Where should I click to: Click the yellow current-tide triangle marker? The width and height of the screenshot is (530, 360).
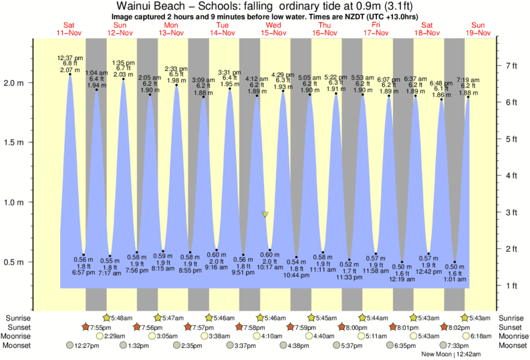(265, 214)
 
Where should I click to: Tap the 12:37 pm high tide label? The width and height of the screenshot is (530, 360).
(70, 57)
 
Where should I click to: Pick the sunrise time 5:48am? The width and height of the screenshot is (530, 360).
(122, 318)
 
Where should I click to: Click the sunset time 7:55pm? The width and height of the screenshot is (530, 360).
(101, 327)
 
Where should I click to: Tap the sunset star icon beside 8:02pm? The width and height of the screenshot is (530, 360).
(444, 327)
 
